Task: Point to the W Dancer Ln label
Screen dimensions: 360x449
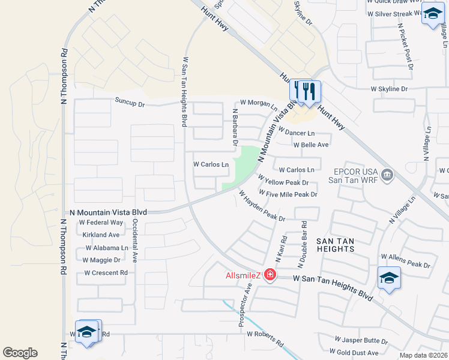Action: point(297,133)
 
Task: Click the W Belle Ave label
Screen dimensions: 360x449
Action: point(311,145)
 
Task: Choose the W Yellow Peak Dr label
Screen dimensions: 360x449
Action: point(283,181)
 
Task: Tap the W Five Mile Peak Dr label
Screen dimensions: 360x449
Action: point(288,194)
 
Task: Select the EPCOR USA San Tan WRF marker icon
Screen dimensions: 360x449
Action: point(388,175)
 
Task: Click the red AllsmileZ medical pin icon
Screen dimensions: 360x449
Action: point(270,275)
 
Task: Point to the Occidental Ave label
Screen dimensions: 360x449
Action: point(135,240)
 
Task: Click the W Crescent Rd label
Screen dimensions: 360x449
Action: point(106,272)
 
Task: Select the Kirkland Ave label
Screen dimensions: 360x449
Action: point(102,235)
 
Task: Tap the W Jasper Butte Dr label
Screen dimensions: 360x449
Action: point(361,341)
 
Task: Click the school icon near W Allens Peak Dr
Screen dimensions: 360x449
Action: point(389,278)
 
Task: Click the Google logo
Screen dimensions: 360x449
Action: point(20,352)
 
